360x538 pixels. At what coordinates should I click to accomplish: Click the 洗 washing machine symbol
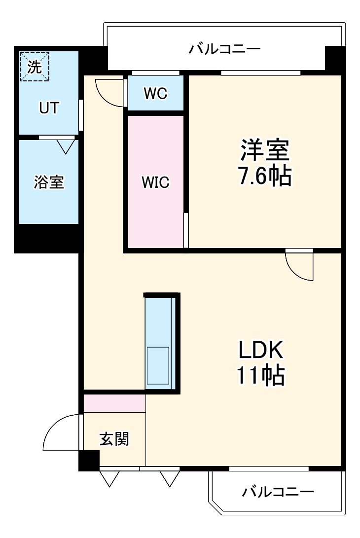coord(35,66)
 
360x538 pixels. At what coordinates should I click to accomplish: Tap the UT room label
coord(48,108)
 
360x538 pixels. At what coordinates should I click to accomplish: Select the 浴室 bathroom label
coord(48,182)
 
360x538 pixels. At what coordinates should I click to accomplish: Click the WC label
coord(155,94)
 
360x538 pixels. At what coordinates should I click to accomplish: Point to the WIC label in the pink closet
coord(155,183)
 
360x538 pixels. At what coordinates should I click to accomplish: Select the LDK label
coord(260,351)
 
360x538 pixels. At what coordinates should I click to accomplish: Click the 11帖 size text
coord(260,376)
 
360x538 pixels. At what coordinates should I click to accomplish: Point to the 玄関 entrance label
coord(114,438)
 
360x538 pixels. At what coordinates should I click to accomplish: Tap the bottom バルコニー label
coord(278,492)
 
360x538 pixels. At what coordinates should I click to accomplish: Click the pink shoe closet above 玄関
coord(114,403)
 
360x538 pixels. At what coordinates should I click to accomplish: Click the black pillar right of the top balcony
coord(335,58)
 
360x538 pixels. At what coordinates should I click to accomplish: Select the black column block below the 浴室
coord(47,239)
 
